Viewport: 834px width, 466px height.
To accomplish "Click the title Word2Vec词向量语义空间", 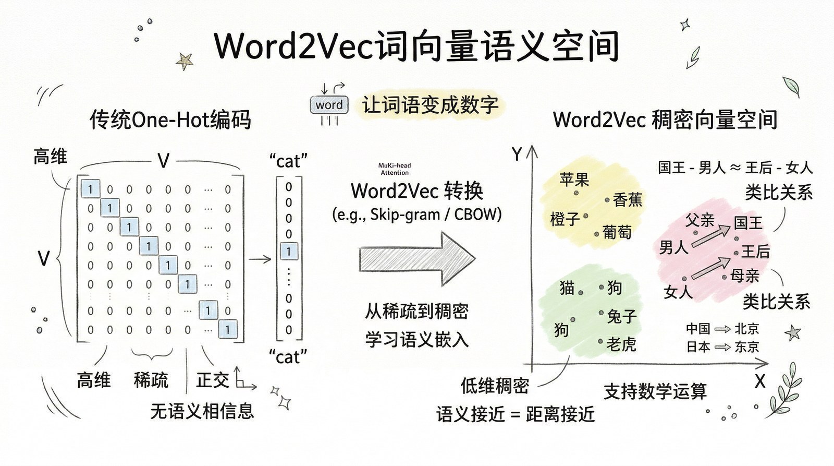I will point(416,46).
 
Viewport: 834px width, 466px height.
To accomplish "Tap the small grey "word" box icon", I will point(329,105).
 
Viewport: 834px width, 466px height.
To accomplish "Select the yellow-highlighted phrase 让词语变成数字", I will point(430,105).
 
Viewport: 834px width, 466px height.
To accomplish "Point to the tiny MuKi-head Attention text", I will point(395,169).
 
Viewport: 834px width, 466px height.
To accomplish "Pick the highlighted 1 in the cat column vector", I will point(289,252).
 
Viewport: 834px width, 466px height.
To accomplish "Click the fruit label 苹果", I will point(574,180).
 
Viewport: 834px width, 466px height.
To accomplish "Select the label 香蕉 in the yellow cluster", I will point(628,200).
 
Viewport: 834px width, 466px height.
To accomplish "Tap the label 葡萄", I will point(617,232).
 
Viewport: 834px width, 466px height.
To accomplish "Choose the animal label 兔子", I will point(621,316).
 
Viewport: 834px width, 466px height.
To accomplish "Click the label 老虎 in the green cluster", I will point(621,344).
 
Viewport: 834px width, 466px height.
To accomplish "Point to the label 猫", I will point(567,288).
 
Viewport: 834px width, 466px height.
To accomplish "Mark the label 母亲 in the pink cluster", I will point(744,276).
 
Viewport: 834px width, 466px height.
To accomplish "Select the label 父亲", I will point(700,220).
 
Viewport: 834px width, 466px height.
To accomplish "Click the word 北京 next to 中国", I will point(746,329).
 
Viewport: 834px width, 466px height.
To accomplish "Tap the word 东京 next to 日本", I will point(746,346).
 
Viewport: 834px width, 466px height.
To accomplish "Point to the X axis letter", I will point(760,381).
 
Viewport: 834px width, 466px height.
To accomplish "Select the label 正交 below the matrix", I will point(212,380).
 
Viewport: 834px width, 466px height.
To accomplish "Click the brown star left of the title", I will point(184,61).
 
